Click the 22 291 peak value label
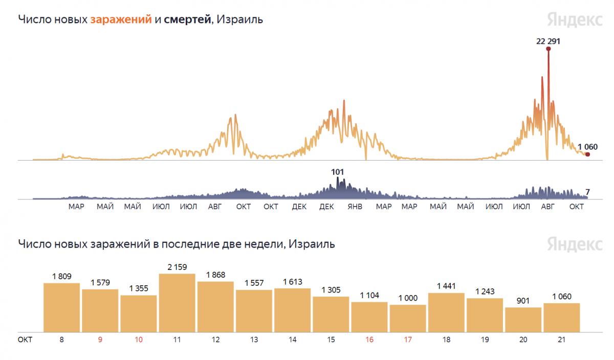pyautogui.click(x=548, y=41)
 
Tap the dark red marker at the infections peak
pyautogui.click(x=548, y=49)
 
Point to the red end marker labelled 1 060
pyautogui.click(x=587, y=154)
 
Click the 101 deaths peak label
pyautogui.click(x=337, y=172)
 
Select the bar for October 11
pyautogui.click(x=177, y=303)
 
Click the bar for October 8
pyautogui.click(x=61, y=307)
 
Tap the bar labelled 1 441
pyautogui.click(x=446, y=312)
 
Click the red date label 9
pyautogui.click(x=100, y=340)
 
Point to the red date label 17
pyautogui.click(x=408, y=340)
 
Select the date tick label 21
pyautogui.click(x=561, y=340)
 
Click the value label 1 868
pyautogui.click(x=215, y=275)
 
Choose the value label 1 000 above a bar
pyautogui.click(x=408, y=298)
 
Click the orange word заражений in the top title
pyautogui.click(x=121, y=20)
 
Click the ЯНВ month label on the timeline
pyautogui.click(x=355, y=207)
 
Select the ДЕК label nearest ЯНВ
pyautogui.click(x=326, y=207)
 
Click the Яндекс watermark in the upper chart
pyautogui.click(x=574, y=19)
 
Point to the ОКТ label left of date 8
pyautogui.click(x=25, y=340)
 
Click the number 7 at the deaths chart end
pyautogui.click(x=588, y=192)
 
